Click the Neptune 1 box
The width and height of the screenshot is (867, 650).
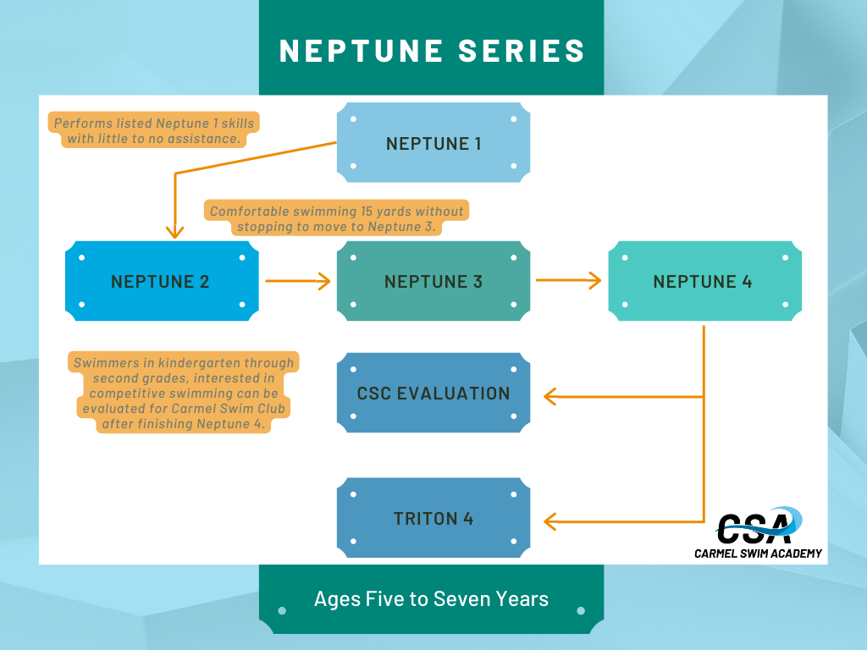(433, 142)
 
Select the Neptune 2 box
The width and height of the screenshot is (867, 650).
(162, 281)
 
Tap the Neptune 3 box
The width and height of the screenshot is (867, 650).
(433, 281)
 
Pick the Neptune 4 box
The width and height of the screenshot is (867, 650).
(705, 281)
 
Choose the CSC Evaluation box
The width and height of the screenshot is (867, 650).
(433, 393)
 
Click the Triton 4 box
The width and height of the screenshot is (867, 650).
(433, 517)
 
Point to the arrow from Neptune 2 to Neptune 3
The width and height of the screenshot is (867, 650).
(297, 281)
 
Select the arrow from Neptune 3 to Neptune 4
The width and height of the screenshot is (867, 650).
(568, 280)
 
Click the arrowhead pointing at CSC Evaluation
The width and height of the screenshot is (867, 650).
(550, 396)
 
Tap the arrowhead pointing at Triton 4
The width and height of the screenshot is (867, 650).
(550, 521)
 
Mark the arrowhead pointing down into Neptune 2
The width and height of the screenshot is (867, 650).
(174, 232)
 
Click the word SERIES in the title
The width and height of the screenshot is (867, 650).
(522, 51)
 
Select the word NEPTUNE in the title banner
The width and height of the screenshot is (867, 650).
(361, 51)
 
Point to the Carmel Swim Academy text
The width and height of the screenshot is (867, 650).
(758, 554)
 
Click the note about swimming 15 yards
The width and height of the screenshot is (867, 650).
(337, 218)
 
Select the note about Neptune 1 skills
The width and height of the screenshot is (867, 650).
(154, 130)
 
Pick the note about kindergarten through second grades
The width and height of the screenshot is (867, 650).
(184, 393)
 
